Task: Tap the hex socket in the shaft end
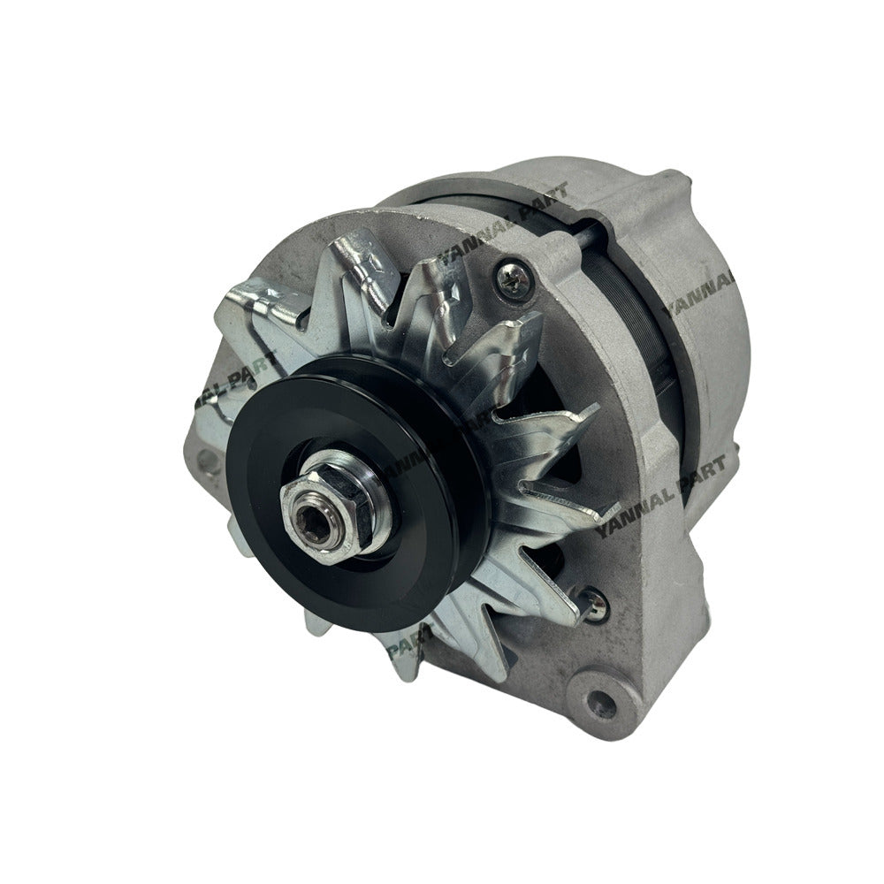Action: click(321, 505)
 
